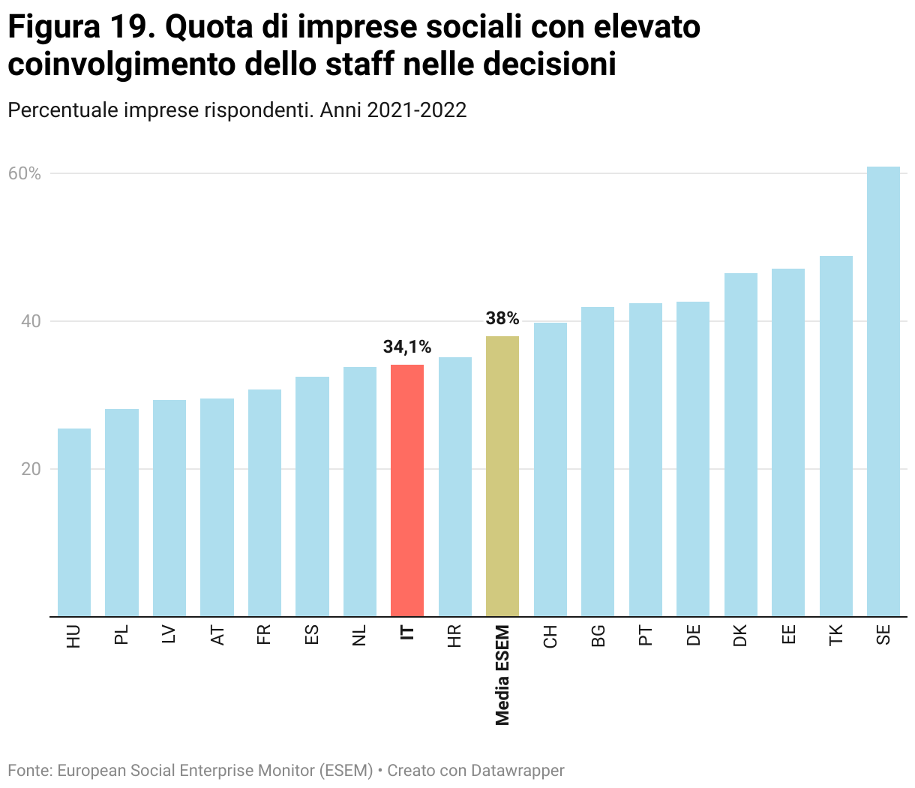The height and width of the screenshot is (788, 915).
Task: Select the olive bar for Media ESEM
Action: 502,476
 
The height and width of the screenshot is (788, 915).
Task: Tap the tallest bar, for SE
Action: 883,391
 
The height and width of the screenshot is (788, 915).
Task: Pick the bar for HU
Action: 74,522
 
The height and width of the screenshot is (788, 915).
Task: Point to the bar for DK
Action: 740,444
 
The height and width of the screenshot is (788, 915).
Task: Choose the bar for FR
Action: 265,503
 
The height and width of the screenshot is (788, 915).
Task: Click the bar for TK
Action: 835,436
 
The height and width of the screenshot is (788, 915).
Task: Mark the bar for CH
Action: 550,469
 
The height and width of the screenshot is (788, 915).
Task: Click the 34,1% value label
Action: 407,347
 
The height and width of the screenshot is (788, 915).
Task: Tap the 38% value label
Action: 502,318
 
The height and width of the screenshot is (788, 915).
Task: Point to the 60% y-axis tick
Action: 25,174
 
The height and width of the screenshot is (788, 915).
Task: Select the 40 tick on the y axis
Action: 31,321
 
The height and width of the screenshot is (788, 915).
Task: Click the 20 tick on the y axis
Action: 31,469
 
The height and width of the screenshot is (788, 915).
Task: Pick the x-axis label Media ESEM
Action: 502,675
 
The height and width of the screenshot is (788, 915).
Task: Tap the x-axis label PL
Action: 121,635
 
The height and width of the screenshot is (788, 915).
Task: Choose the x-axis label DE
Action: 693,635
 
